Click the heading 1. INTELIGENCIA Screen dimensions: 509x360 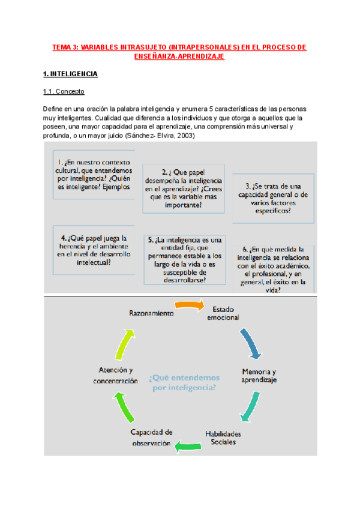coord(70,74)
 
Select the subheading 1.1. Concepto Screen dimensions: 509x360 coord(63,92)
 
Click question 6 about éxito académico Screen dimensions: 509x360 coord(272,270)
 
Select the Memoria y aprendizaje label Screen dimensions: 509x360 coord(259,376)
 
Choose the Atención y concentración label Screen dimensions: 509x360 coord(116,376)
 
